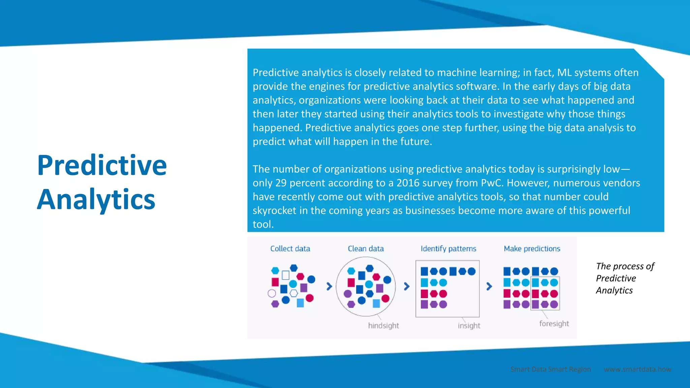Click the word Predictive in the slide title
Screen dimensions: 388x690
[x=102, y=165]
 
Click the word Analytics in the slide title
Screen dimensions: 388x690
[x=96, y=200]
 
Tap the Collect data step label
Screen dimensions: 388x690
[x=290, y=249]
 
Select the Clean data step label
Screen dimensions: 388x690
[x=366, y=249]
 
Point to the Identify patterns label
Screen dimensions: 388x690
[x=448, y=249]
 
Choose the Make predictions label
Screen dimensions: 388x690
[x=532, y=249]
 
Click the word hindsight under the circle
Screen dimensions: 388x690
[x=383, y=326]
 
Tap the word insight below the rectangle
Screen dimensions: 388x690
[x=469, y=326]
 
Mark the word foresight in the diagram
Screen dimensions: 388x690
[x=554, y=324]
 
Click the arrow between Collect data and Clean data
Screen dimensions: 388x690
[x=330, y=286]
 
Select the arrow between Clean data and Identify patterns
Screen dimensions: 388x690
[x=407, y=286]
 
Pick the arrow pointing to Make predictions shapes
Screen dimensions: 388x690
[x=489, y=286]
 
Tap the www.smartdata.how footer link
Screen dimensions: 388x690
[x=637, y=369]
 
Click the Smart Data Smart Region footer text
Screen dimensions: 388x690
[x=551, y=369]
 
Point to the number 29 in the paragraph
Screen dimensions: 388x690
[x=281, y=183]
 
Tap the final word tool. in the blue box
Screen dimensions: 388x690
[x=263, y=224]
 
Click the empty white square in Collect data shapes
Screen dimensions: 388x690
[x=285, y=275]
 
